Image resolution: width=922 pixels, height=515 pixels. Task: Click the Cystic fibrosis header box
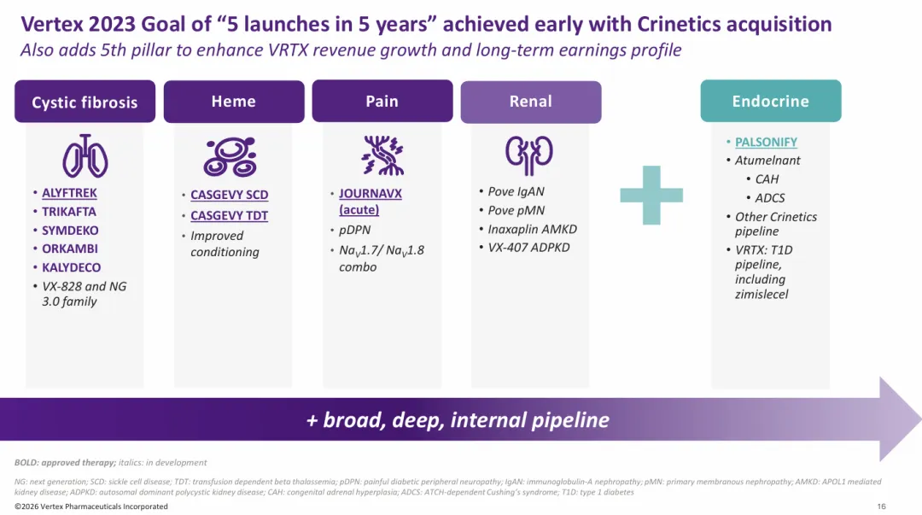(85, 102)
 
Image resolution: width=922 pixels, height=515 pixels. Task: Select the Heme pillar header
(234, 102)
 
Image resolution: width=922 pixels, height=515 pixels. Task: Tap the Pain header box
(382, 101)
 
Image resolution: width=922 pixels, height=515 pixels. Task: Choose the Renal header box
(531, 102)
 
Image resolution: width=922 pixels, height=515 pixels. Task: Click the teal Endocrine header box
(771, 101)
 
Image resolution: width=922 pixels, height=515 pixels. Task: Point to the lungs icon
(85, 156)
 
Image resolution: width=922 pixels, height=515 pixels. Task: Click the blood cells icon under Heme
(230, 156)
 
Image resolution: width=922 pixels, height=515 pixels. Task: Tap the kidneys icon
(529, 155)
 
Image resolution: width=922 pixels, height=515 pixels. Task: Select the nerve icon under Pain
(382, 155)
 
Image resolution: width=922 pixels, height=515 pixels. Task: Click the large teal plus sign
(651, 195)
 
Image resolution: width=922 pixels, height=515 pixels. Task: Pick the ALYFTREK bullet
(69, 192)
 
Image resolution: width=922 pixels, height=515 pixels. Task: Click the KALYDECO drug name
(71, 267)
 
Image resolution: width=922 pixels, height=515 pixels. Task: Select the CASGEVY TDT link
(230, 215)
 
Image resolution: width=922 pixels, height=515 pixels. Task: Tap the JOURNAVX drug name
(371, 193)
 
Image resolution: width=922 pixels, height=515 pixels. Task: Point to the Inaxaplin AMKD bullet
(532, 229)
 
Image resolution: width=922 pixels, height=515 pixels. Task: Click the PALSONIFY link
(766, 142)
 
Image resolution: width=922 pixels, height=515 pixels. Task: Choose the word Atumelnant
(767, 160)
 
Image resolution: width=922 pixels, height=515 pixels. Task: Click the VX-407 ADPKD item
(528, 247)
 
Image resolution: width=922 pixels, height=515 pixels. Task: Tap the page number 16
(881, 506)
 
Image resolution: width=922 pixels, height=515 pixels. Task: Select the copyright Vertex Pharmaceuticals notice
(91, 506)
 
